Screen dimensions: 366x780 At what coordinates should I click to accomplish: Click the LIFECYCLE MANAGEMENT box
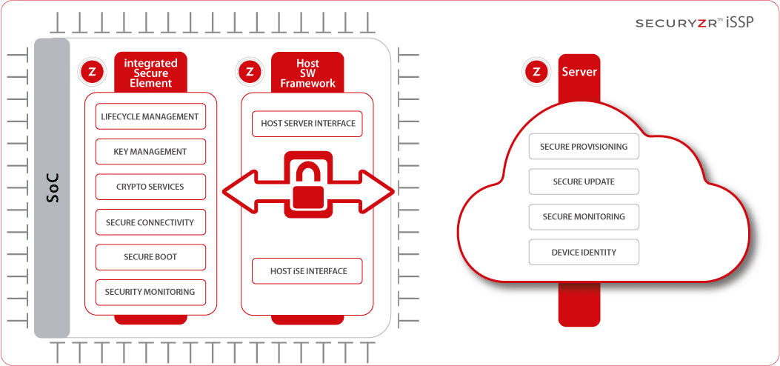[150, 117]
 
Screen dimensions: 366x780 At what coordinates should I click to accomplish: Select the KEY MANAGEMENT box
[150, 152]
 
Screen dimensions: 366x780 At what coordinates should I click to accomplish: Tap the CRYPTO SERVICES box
[150, 187]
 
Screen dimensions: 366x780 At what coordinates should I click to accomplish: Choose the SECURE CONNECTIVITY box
[150, 222]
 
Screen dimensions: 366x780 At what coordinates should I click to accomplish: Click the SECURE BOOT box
[150, 257]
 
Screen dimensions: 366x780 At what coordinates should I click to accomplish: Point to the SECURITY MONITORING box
[150, 292]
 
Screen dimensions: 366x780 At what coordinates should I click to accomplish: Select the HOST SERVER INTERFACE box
[308, 124]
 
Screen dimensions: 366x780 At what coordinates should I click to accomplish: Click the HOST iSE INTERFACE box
[308, 271]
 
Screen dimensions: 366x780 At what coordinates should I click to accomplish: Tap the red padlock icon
[308, 186]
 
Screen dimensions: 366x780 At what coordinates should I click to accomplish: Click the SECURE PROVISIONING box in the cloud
[584, 147]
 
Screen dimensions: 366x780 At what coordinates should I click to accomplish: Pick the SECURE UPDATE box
[584, 182]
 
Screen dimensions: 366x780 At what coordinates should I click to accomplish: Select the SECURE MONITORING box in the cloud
[584, 217]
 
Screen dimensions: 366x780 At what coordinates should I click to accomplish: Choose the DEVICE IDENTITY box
[584, 253]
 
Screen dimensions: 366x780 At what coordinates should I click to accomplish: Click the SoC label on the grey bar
[52, 189]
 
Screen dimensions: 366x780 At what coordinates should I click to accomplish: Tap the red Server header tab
[579, 72]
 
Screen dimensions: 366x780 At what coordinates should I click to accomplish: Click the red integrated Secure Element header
[152, 73]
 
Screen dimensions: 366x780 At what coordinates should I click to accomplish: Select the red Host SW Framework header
[307, 73]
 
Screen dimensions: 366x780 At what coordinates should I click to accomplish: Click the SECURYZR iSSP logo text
[694, 23]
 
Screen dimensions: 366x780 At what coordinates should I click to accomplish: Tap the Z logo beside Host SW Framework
[250, 72]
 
